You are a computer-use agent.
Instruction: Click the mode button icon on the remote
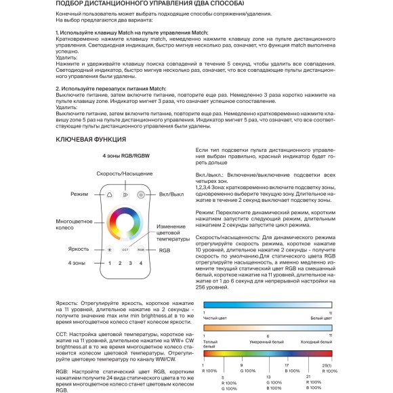108,194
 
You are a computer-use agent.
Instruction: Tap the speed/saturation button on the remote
125,194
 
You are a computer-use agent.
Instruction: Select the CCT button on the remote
125,249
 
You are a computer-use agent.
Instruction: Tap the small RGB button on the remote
141,249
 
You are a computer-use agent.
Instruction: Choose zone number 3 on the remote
131,263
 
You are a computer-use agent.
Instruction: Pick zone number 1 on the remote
108,263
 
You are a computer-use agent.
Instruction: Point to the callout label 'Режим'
79,194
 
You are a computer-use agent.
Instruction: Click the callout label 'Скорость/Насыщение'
125,174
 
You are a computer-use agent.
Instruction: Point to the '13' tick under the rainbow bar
269,377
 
